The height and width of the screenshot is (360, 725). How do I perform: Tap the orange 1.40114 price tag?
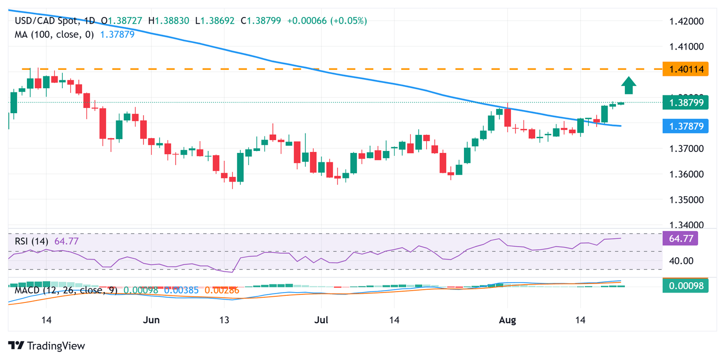click(685, 69)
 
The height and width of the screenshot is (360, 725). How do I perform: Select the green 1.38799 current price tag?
click(685, 102)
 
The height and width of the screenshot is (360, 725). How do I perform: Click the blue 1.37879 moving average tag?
click(685, 126)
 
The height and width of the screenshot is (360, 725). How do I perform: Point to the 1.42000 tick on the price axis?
click(686, 21)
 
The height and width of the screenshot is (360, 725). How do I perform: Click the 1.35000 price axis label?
click(686, 200)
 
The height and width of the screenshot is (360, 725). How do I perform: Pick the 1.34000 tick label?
click(686, 225)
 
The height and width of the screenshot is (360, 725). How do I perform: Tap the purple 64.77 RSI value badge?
click(685, 239)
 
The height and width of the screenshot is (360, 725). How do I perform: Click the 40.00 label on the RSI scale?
click(680, 260)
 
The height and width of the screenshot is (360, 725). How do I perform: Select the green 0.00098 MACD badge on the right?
click(685, 286)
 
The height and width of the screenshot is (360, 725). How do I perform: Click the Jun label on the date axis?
click(151, 320)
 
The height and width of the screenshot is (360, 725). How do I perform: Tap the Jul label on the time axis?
click(321, 320)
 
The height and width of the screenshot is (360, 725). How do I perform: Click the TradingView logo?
click(47, 346)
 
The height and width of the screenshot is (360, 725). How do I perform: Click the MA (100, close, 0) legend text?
click(54, 34)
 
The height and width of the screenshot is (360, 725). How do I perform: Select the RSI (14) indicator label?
click(32, 241)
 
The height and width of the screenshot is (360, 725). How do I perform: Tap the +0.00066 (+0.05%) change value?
click(333, 21)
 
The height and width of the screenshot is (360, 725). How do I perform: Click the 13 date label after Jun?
click(224, 320)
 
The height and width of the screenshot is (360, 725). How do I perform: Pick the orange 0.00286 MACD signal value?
click(221, 290)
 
